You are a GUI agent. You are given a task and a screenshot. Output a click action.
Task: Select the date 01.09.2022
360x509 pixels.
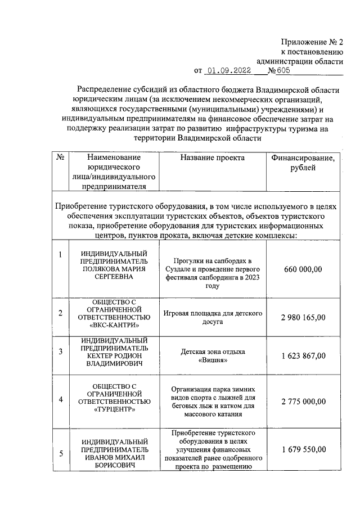tap(229, 70)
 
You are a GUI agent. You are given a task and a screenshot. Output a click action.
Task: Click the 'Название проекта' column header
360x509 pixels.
tap(213, 158)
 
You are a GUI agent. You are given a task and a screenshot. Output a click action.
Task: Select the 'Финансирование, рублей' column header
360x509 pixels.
tap(303, 163)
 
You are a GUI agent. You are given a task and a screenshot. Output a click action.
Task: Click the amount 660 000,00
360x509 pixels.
tap(303, 270)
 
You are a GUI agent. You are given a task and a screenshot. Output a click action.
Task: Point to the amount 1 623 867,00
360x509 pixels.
tap(303, 356)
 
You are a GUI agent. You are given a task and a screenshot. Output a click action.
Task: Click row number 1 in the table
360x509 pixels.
tap(60, 256)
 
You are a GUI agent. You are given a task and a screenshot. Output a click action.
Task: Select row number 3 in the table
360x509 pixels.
tap(60, 352)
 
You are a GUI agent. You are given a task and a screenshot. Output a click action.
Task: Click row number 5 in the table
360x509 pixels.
tap(60, 453)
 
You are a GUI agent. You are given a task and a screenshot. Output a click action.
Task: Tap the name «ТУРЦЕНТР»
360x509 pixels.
tap(114, 410)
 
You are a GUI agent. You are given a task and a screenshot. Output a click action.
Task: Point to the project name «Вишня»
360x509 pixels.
tap(213, 362)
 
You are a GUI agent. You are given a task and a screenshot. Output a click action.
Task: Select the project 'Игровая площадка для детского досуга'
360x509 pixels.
tap(213, 317)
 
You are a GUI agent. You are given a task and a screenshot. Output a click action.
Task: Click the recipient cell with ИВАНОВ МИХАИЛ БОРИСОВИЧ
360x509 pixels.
tap(114, 458)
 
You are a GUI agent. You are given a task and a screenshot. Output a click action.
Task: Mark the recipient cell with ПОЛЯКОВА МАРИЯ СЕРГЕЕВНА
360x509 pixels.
tap(114, 269)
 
